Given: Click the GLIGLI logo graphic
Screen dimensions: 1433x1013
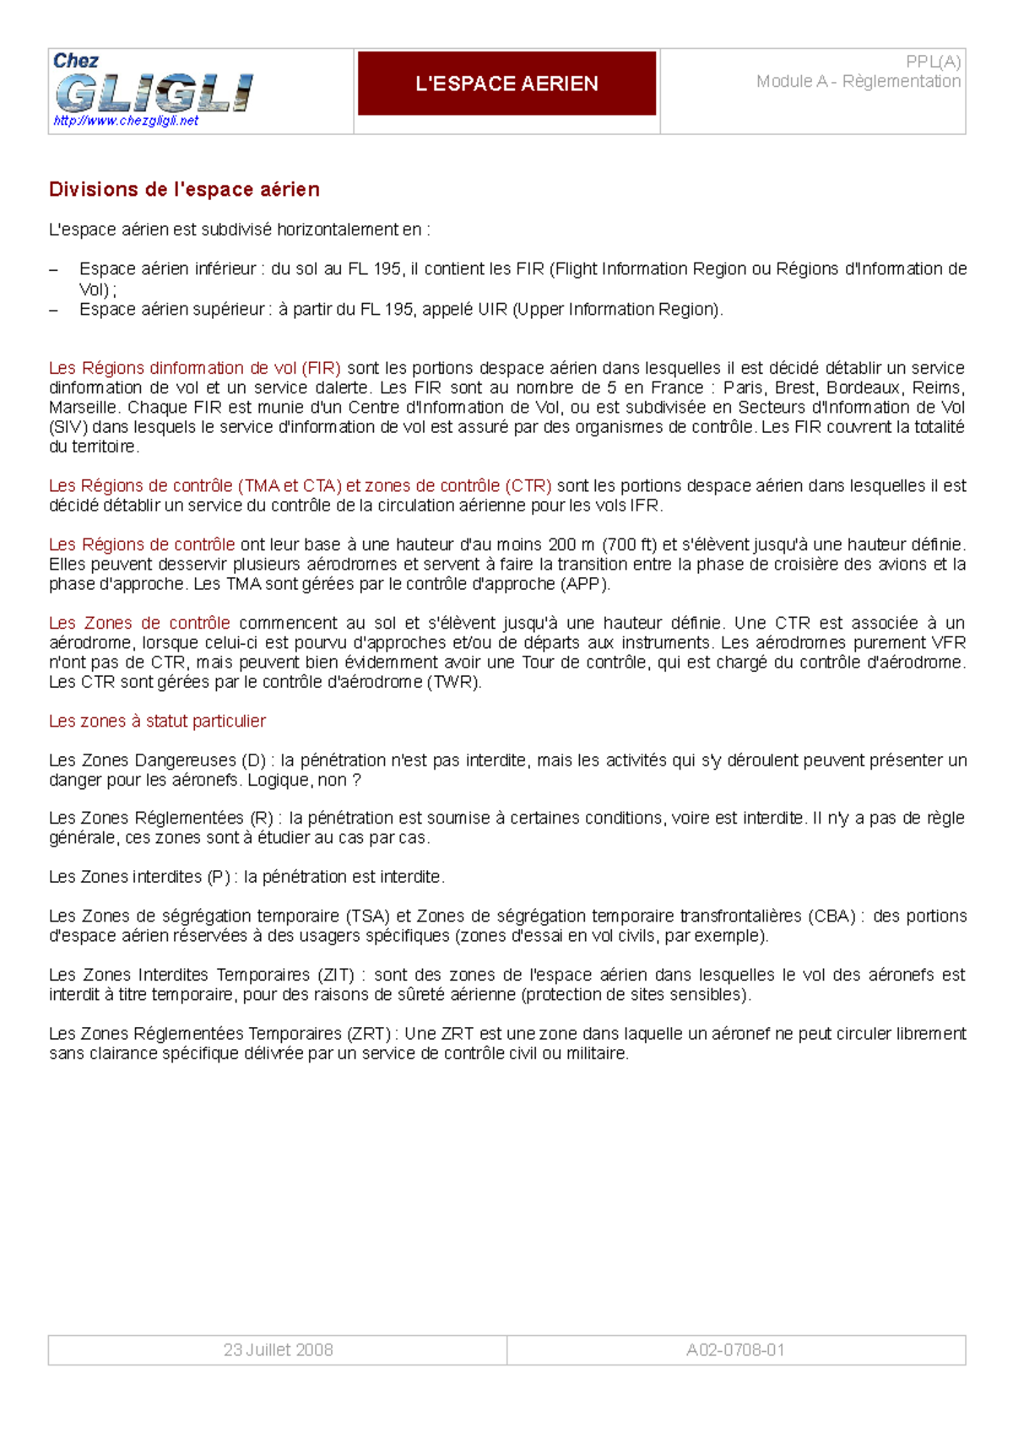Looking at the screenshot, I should pos(154,92).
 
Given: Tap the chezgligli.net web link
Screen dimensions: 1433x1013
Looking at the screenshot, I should pos(126,121).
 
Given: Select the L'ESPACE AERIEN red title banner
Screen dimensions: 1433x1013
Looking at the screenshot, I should pos(506,84).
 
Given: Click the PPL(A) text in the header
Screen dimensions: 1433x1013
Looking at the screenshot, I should pos(933,62).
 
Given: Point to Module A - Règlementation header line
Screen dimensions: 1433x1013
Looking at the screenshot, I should pos(858,82).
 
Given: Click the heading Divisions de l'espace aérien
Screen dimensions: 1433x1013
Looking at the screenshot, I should pos(184,190).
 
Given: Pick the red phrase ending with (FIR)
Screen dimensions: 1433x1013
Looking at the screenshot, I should pos(195,368).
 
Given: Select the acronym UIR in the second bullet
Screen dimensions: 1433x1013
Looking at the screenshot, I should pos(492,310).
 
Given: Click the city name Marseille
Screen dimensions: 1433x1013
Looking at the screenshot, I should pos(83,408).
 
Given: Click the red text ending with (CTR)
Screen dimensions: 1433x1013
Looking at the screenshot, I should pos(300,486).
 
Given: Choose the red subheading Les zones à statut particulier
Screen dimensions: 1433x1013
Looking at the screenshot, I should pos(157,722).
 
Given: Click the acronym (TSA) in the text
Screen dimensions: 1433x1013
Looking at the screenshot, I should pos(367,917).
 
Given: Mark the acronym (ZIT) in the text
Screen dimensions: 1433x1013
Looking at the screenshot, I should pos(336,975).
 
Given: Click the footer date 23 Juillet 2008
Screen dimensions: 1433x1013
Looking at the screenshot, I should pos(278,1349).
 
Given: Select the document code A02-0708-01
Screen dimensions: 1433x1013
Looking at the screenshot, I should pos(735,1349).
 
